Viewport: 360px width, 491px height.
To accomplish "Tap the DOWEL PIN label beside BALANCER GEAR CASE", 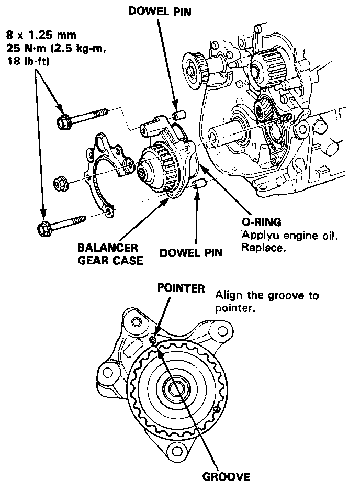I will [x=190, y=253].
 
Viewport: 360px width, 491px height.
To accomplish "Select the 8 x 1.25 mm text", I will [x=41, y=36].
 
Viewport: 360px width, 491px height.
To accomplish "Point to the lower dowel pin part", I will [x=198, y=185].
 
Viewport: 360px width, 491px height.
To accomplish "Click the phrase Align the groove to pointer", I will [x=267, y=302].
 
